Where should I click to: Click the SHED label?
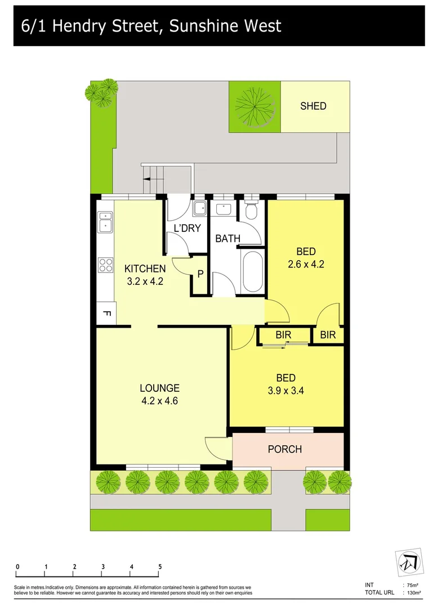(313, 106)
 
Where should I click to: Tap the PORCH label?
(284, 449)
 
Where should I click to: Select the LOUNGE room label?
(160, 388)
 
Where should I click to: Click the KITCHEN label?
(145, 269)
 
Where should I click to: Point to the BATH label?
(228, 239)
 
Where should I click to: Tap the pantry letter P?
(199, 275)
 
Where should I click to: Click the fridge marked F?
(106, 314)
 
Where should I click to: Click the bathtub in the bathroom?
(251, 271)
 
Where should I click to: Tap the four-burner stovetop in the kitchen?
(105, 265)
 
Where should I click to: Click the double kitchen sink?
(105, 222)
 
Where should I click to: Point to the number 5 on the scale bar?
(160, 566)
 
